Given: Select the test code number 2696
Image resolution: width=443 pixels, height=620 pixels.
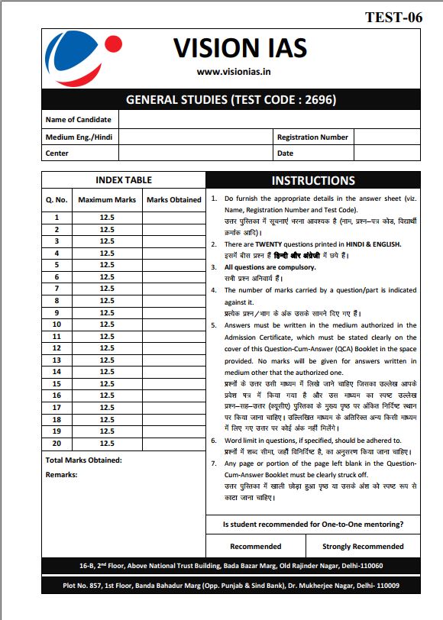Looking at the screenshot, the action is pyautogui.click(x=319, y=99).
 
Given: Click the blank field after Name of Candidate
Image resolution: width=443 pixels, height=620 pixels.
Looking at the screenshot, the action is pyautogui.click(x=269, y=120).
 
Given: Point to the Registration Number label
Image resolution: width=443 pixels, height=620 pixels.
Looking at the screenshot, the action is pyautogui.click(x=312, y=137).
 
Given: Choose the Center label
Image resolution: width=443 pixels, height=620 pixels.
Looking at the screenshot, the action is pyautogui.click(x=57, y=153).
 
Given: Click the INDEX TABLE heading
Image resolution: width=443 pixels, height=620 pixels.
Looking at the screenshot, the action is pyautogui.click(x=123, y=180).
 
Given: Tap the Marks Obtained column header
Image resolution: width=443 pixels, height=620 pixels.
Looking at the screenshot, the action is pyautogui.click(x=173, y=200).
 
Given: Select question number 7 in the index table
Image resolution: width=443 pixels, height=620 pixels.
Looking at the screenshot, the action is pyautogui.click(x=57, y=289).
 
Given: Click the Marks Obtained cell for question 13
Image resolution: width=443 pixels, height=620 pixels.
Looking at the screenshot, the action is pyautogui.click(x=173, y=360).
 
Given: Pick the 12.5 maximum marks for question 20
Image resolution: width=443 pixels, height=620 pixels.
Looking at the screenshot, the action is pyautogui.click(x=107, y=443).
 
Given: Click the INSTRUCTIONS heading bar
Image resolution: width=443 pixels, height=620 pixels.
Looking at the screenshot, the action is pyautogui.click(x=313, y=181).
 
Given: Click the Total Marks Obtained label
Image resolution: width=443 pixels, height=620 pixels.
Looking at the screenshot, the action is pyautogui.click(x=83, y=460).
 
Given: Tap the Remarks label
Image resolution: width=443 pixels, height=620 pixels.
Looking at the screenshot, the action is pyautogui.click(x=62, y=475).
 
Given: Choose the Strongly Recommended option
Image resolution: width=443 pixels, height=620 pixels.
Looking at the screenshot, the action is pyautogui.click(x=363, y=547).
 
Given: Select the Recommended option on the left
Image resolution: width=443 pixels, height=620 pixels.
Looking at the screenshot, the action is pyautogui.click(x=255, y=547).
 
